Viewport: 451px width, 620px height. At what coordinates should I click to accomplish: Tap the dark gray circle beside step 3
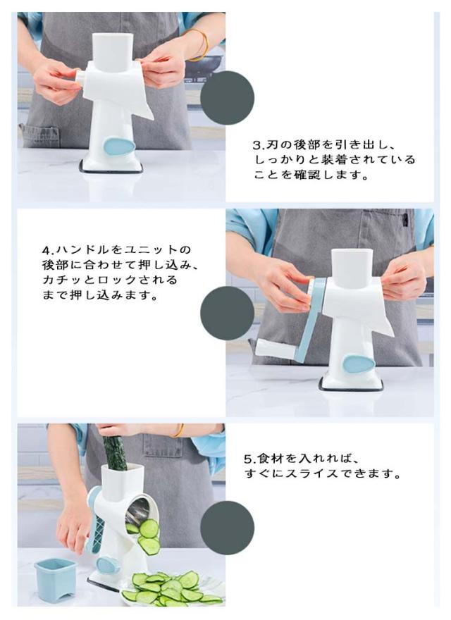tap(227, 98)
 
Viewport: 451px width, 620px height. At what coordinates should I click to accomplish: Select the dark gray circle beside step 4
tap(227, 313)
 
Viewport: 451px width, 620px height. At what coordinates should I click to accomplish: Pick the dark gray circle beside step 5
tap(227, 528)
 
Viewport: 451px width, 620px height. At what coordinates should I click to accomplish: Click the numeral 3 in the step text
tap(257, 145)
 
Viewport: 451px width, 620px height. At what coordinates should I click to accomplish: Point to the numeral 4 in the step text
tap(47, 250)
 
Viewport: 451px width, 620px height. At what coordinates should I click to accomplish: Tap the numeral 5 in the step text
tap(247, 459)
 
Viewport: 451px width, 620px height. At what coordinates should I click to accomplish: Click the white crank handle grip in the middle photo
tap(275, 348)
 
